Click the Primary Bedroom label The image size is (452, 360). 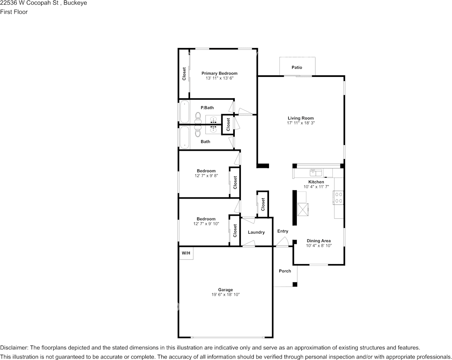point(220,73)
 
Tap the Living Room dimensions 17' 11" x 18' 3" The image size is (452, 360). point(301,123)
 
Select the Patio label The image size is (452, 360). point(297,67)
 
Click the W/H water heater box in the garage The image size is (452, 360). point(186,253)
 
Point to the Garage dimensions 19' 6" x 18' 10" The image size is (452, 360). point(225,295)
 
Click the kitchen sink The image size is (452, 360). point(316,172)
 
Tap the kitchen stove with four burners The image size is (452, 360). point(338,198)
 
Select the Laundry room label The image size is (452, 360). point(256,232)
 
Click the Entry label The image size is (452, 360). point(283,231)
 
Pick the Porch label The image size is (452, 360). point(285,271)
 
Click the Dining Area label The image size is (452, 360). point(318,241)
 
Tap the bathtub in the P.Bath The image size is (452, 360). point(185,112)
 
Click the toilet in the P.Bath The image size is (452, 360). point(198,117)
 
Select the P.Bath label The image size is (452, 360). point(207,108)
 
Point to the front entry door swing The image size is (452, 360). point(282,242)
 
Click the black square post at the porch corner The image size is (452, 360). point(295,285)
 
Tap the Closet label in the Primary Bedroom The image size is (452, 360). point(184,74)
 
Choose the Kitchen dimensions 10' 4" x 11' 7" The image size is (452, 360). point(316,187)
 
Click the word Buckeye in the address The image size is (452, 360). point(75,3)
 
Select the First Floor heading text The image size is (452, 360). point(14,12)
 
